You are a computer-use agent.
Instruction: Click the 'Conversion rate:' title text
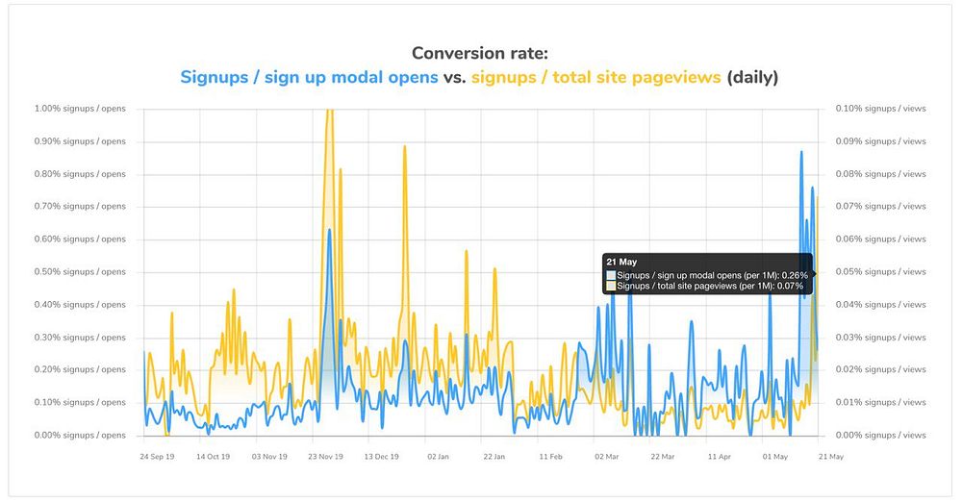(480, 54)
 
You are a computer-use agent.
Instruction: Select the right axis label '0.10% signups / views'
(881, 109)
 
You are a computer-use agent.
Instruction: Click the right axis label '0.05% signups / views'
(881, 272)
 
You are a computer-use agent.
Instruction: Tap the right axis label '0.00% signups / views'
(881, 436)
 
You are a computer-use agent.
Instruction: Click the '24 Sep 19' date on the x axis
(157, 457)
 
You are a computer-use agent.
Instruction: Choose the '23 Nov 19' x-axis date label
(325, 457)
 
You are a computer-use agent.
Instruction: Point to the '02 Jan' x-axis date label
(438, 457)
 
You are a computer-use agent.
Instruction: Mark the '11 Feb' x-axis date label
(550, 457)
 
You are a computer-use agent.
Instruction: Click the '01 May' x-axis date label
(774, 457)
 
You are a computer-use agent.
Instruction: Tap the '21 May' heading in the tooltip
(620, 261)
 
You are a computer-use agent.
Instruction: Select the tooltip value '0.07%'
(791, 286)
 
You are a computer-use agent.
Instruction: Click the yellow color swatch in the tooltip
(611, 286)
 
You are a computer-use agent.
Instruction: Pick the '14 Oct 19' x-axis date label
(213, 457)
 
